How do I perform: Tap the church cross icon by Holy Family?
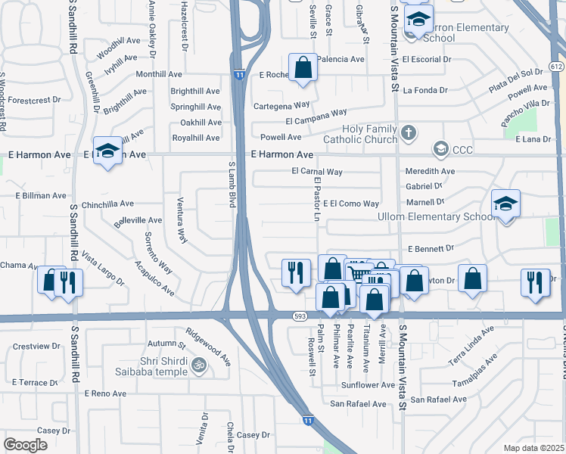tap(408, 134)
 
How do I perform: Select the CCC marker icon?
tap(439, 149)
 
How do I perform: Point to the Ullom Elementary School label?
tap(437, 216)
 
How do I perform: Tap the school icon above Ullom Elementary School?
tap(505, 204)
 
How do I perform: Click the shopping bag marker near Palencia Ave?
tap(303, 67)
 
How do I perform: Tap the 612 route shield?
tap(557, 67)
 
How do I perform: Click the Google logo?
tap(25, 444)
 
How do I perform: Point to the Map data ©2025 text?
tap(533, 448)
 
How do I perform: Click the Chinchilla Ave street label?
tap(107, 204)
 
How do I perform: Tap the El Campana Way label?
tap(316, 117)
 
